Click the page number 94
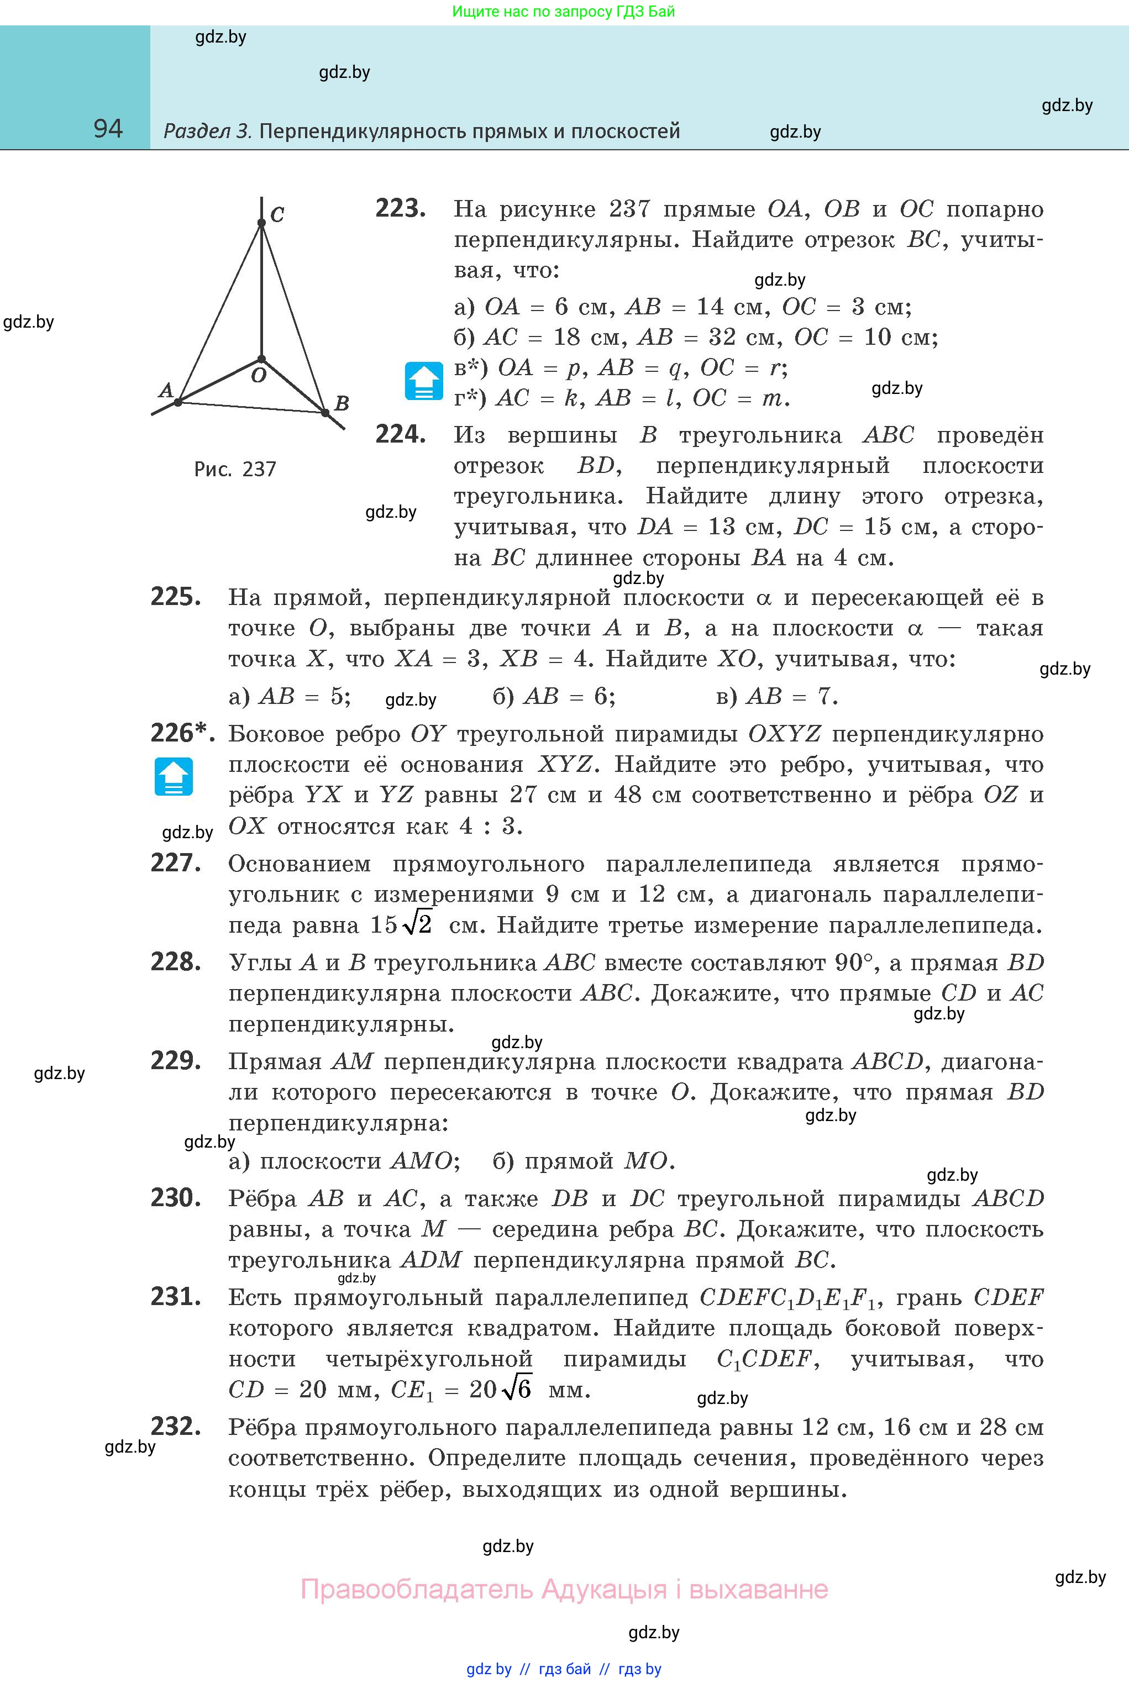(x=108, y=128)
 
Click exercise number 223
(x=400, y=209)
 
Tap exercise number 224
(x=400, y=435)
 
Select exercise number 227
(x=175, y=863)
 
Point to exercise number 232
(x=175, y=1427)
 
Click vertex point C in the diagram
(x=261, y=223)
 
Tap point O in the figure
(x=261, y=359)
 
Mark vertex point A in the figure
(x=178, y=402)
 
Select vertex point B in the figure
(x=325, y=413)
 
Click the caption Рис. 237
(x=235, y=469)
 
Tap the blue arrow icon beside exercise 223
(x=424, y=381)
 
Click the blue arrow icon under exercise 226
(x=174, y=777)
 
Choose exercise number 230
(x=175, y=1198)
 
